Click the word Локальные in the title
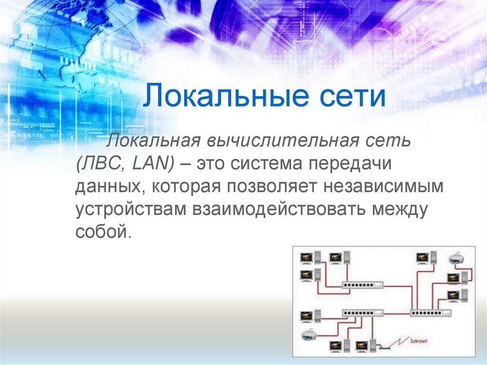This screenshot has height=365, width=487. [226, 95]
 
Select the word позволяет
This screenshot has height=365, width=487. [272, 187]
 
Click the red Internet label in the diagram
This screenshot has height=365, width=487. [419, 341]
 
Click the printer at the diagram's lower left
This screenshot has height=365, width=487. [309, 335]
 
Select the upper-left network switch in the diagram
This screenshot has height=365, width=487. [362, 285]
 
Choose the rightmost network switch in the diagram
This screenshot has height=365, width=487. [431, 313]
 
